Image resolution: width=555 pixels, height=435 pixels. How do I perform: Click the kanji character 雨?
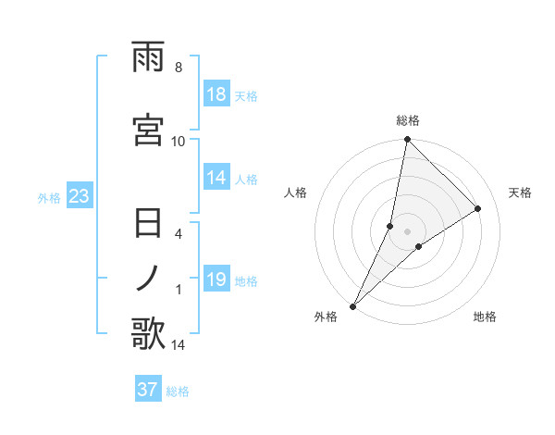(149, 57)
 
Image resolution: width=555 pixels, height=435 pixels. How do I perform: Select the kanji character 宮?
(149, 130)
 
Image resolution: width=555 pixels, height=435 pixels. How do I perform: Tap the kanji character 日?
(149, 225)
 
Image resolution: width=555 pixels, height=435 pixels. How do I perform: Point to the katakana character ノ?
(148, 278)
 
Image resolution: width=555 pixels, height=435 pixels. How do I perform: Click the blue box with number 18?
(216, 95)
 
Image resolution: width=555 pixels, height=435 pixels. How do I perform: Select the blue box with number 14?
(216, 179)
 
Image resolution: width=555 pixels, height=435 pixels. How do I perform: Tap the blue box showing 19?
(216, 280)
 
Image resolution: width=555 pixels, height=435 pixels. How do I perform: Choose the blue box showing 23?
(78, 197)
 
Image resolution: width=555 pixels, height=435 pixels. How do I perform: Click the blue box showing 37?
(147, 390)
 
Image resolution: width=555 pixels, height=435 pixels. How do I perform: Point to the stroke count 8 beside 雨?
(179, 68)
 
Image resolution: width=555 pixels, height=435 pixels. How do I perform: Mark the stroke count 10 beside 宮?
(179, 141)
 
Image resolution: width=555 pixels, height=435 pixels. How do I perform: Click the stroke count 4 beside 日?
(179, 234)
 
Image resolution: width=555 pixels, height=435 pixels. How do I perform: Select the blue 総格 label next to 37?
(178, 391)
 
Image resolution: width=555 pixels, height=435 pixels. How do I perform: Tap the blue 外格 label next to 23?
(49, 198)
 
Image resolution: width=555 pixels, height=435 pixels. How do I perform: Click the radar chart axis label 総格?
(408, 120)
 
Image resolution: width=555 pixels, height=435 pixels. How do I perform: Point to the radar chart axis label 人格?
(295, 193)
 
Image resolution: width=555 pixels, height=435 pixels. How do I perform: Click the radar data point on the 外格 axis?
(353, 305)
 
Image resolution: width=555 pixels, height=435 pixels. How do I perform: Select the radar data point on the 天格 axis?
(478, 209)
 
